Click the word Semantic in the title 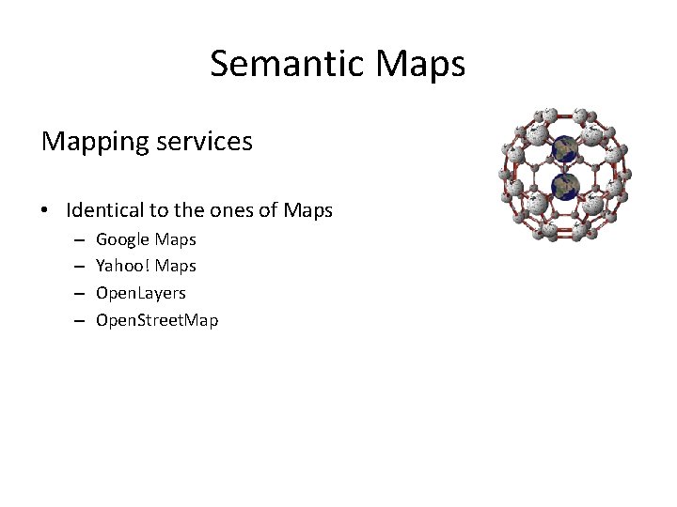(288, 64)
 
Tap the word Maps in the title (420, 64)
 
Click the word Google (123, 240)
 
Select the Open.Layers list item (141, 294)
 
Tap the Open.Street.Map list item (157, 320)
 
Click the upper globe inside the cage (564, 147)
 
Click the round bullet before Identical (45, 211)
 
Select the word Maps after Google (176, 240)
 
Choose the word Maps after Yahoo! (176, 267)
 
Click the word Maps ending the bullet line (308, 210)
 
